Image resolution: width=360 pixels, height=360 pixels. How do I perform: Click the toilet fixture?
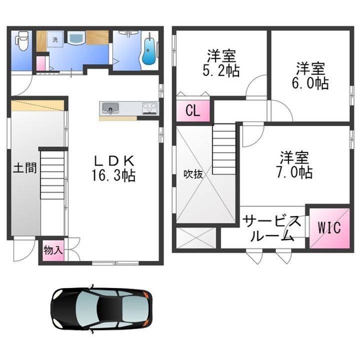tap(22, 41)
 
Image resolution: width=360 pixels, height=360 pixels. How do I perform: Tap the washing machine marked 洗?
tap(55, 39)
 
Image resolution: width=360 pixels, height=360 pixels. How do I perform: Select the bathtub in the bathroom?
tap(149, 50)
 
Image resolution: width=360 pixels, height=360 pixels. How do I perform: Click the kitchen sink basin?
tap(110, 108)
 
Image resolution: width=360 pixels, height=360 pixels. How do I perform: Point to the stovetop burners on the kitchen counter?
tap(150, 108)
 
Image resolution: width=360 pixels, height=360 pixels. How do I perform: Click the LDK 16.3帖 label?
tap(113, 168)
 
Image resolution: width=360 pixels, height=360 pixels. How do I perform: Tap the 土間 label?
tap(25, 168)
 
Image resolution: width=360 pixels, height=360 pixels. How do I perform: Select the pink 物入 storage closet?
tap(53, 250)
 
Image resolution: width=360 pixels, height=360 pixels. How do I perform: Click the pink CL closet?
tap(193, 110)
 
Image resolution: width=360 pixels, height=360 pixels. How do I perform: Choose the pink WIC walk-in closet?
tap(329, 228)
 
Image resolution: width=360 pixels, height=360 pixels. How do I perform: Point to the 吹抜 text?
tap(193, 174)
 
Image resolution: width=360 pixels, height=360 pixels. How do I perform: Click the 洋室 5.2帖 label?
tap(221, 63)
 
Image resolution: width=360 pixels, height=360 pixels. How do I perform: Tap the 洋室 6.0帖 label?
tap(310, 75)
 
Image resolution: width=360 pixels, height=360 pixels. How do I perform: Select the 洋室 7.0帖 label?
tap(294, 165)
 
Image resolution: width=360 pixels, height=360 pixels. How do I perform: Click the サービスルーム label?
tap(272, 228)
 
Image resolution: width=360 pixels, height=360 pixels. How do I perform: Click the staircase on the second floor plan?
tap(224, 149)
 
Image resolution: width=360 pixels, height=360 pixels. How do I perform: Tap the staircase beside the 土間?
tap(52, 175)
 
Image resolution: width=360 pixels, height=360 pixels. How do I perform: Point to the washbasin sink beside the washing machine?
tap(76, 37)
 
